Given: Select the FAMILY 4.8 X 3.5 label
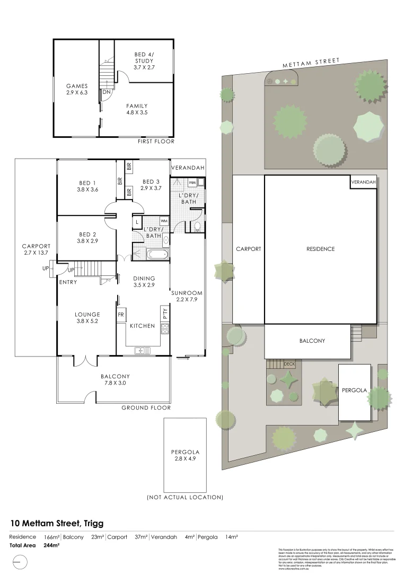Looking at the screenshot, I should pyautogui.click(x=137, y=109).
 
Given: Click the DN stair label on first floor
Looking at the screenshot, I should pyautogui.click(x=106, y=92).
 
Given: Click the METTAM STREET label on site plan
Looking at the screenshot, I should pyautogui.click(x=310, y=63).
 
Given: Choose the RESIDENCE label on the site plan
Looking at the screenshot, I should pyautogui.click(x=320, y=249).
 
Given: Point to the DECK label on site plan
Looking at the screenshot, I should pyautogui.click(x=289, y=364).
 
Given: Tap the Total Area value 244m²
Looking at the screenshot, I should pyautogui.click(x=51, y=545).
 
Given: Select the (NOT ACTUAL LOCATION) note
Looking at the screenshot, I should pyautogui.click(x=184, y=498).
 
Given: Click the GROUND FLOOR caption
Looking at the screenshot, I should pyautogui.click(x=146, y=408).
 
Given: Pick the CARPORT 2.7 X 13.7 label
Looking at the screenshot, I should pyautogui.click(x=36, y=249).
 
